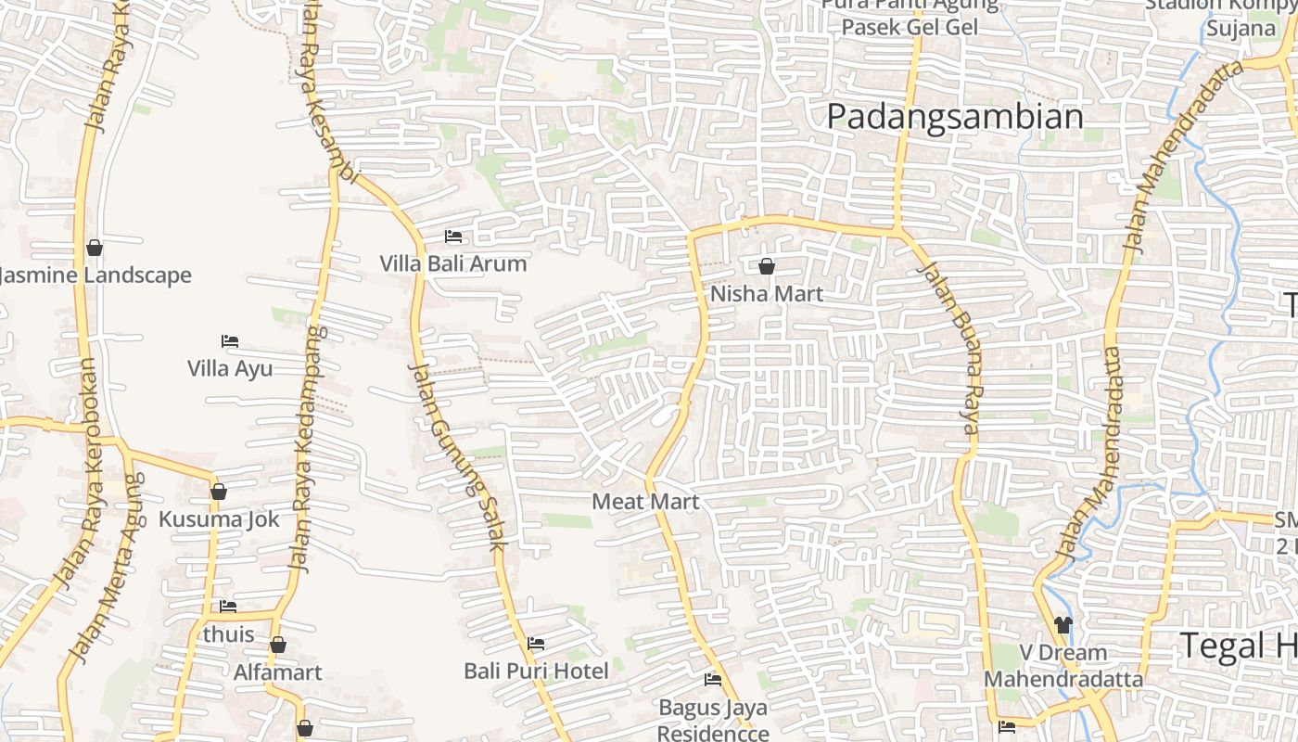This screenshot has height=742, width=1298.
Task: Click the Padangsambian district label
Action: (954, 117)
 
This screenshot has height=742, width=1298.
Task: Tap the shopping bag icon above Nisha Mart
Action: (767, 267)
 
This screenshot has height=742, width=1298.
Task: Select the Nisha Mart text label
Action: (767, 294)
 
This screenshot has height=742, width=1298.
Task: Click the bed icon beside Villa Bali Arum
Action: (453, 237)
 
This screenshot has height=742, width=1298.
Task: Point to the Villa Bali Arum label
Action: (453, 264)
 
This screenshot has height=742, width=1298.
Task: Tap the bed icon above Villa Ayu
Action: (230, 341)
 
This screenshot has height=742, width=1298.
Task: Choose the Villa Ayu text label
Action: (230, 369)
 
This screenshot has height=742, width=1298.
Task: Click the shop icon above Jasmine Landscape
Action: (94, 248)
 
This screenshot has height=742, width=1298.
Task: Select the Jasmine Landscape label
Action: (95, 275)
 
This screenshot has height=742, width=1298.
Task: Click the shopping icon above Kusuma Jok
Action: (219, 492)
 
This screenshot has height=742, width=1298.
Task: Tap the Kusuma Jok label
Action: (219, 519)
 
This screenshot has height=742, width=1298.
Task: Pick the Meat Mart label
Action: (645, 502)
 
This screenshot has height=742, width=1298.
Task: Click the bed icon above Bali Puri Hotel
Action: (536, 644)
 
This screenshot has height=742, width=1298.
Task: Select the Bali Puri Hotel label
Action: (537, 671)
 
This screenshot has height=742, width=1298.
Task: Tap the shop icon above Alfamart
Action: (277, 645)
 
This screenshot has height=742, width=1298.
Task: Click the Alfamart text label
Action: (278, 672)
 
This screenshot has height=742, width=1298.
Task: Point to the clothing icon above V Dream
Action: (1063, 625)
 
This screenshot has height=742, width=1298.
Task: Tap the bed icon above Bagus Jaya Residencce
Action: (713, 680)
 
